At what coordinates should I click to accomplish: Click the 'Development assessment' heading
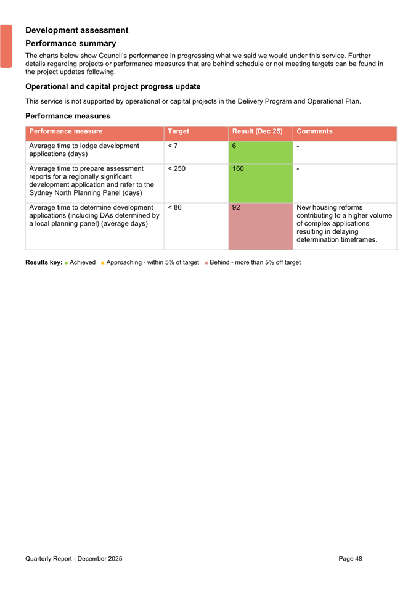click(x=76, y=30)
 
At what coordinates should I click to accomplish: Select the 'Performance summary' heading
click(x=70, y=44)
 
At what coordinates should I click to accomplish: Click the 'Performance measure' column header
click(x=66, y=131)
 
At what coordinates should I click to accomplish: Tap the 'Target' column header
click(x=178, y=131)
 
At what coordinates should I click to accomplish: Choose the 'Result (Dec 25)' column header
click(x=257, y=131)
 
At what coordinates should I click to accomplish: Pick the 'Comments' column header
click(x=314, y=131)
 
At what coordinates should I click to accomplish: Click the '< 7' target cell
click(x=173, y=146)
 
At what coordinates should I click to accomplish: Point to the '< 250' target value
click(x=176, y=168)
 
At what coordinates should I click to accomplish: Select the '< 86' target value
click(x=174, y=207)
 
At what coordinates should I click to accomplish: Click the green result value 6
click(x=234, y=146)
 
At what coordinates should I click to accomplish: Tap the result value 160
click(x=239, y=168)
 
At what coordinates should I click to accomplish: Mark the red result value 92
click(x=236, y=207)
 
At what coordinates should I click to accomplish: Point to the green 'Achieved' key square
click(x=66, y=263)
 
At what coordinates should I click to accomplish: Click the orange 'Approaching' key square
click(x=102, y=263)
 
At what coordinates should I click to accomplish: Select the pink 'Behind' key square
click(x=206, y=263)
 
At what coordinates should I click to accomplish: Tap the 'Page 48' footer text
click(x=350, y=559)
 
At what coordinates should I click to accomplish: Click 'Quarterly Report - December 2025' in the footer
click(x=73, y=559)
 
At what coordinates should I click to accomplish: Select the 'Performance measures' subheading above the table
click(x=68, y=115)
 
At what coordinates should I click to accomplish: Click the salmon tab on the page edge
click(x=6, y=46)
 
